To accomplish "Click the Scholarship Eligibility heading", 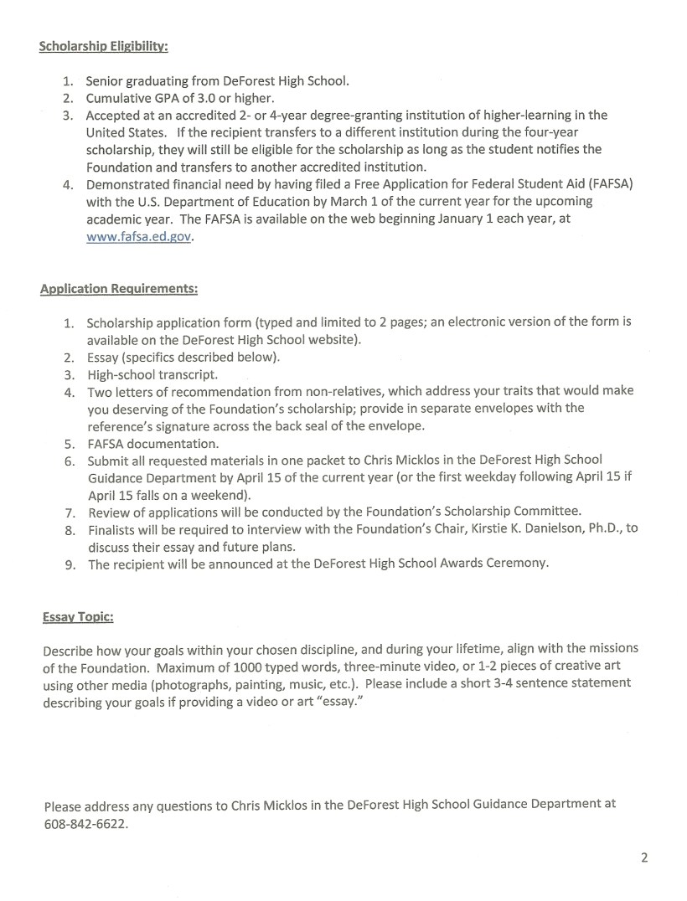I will tap(103, 46).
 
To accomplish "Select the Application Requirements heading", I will tap(119, 289).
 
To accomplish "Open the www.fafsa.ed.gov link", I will tap(139, 236).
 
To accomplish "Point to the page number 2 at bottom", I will tap(644, 857).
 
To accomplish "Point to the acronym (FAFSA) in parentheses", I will tap(605, 184).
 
